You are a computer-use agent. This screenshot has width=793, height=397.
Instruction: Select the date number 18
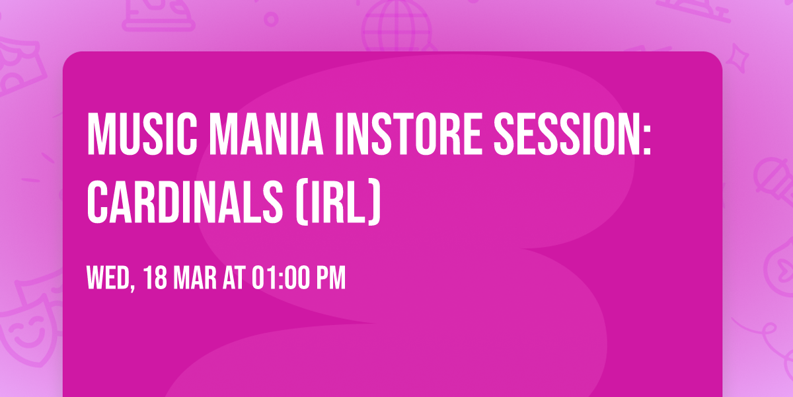tap(156, 279)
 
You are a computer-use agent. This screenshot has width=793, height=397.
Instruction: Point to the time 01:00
tap(281, 279)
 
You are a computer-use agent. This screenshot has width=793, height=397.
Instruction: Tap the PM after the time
tap(330, 279)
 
